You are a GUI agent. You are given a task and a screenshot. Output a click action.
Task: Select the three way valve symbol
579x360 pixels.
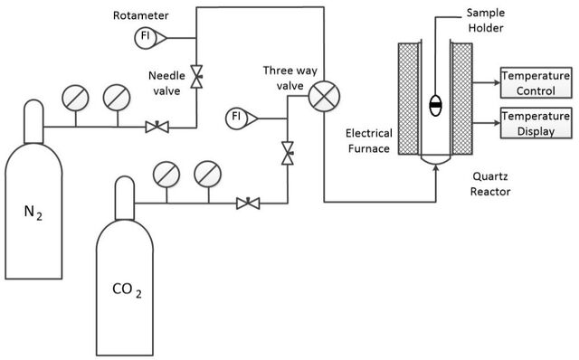324,97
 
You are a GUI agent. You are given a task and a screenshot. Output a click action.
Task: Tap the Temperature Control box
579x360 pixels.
536,82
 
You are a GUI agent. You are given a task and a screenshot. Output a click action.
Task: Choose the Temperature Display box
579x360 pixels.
536,123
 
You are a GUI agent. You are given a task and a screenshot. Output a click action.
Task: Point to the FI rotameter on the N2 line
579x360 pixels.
150,38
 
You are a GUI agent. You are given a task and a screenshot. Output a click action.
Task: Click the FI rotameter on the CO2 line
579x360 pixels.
242,118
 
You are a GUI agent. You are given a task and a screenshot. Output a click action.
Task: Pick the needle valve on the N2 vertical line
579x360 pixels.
196,77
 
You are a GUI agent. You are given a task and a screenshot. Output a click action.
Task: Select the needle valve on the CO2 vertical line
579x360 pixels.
288,153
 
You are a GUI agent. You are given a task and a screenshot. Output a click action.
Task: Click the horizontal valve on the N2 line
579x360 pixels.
157,127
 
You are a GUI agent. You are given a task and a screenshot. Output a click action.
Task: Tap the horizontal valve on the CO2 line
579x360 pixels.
248,204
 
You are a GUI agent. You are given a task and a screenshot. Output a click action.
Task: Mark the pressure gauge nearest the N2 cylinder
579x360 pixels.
75,98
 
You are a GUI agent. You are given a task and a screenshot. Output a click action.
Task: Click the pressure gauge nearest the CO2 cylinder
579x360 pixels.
166,175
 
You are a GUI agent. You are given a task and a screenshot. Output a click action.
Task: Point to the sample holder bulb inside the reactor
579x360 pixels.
436,106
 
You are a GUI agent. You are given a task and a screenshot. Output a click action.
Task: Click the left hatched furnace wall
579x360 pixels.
409,99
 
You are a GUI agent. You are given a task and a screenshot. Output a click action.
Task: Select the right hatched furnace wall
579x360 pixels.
462,99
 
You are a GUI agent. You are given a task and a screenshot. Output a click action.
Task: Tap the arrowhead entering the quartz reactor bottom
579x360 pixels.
436,168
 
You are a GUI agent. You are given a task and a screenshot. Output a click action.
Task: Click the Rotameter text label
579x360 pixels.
141,15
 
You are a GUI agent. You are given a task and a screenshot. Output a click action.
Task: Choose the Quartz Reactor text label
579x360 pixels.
490,184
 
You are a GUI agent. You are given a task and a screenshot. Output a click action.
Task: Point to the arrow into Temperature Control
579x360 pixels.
487,82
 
